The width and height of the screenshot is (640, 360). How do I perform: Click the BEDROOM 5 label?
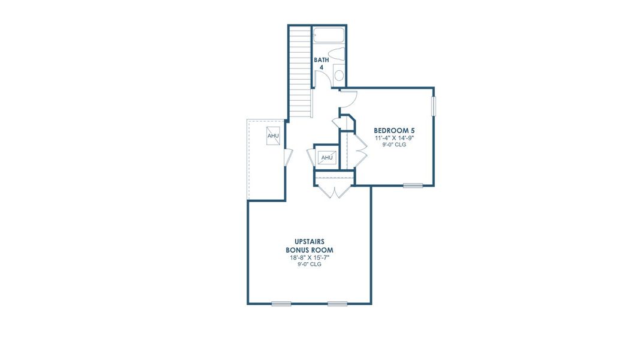coord(394,130)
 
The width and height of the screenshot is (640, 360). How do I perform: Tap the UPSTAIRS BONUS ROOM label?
coord(310,245)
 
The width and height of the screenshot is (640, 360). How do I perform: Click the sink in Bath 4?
coord(339,75)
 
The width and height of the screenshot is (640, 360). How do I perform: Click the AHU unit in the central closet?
coord(327,158)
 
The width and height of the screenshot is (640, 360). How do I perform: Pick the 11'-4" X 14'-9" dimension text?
coord(394,137)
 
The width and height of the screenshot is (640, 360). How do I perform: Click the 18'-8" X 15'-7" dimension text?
coord(310,257)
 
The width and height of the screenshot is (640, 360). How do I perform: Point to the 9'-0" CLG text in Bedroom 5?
coord(394,144)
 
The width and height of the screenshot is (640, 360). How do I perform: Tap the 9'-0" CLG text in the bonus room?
coord(310,264)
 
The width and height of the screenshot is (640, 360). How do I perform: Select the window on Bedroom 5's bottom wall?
coord(413,185)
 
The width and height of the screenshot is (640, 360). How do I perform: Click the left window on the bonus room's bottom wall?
coord(281,304)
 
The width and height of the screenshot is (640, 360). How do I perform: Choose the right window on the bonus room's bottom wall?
coord(337,304)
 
